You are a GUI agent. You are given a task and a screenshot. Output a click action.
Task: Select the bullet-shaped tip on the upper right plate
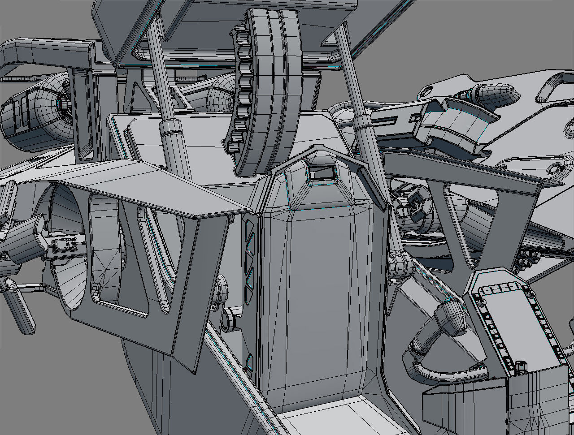coord(498,93)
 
